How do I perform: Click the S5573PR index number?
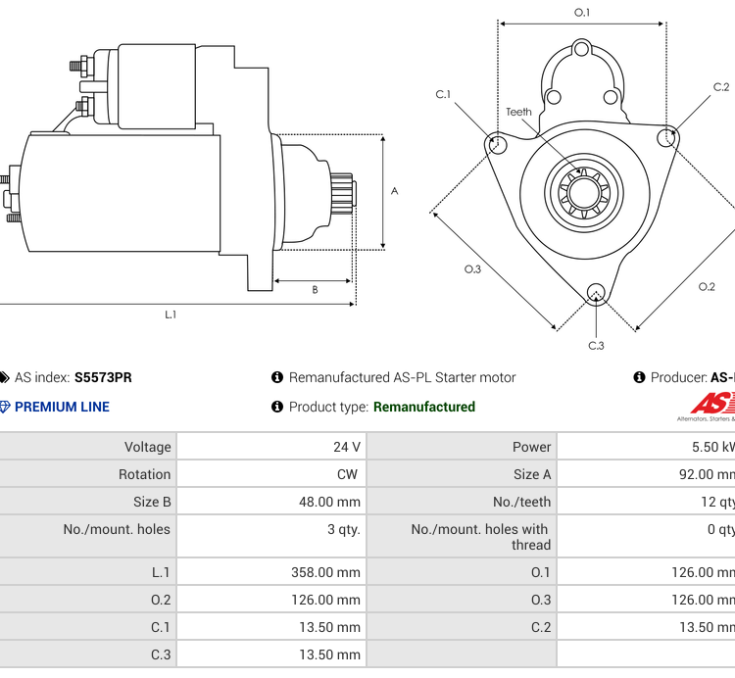(103, 377)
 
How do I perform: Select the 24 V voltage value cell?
(347, 447)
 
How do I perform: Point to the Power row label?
(531, 447)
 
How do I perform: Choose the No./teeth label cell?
(521, 502)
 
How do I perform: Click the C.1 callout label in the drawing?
(443, 95)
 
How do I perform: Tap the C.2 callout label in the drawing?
(721, 88)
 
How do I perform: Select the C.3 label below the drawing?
(596, 345)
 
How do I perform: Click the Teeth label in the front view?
(518, 112)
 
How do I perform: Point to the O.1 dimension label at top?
(582, 13)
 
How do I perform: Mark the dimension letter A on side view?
(395, 191)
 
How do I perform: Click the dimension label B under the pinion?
(315, 289)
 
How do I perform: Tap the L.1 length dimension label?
(171, 315)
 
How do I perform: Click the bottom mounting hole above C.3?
(595, 292)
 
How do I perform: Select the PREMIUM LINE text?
(62, 407)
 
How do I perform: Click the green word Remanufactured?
(423, 407)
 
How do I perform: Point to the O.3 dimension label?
(472, 269)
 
